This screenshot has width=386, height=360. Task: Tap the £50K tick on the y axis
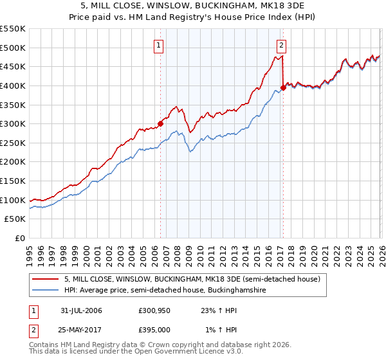pyautogui.click(x=15, y=219)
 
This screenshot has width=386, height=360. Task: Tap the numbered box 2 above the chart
pyautogui.click(x=282, y=45)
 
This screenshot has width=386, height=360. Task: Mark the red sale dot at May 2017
pyautogui.click(x=283, y=87)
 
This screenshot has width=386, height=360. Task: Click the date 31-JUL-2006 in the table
pyautogui.click(x=81, y=310)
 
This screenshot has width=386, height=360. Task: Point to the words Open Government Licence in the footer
pyautogui.click(x=200, y=353)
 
